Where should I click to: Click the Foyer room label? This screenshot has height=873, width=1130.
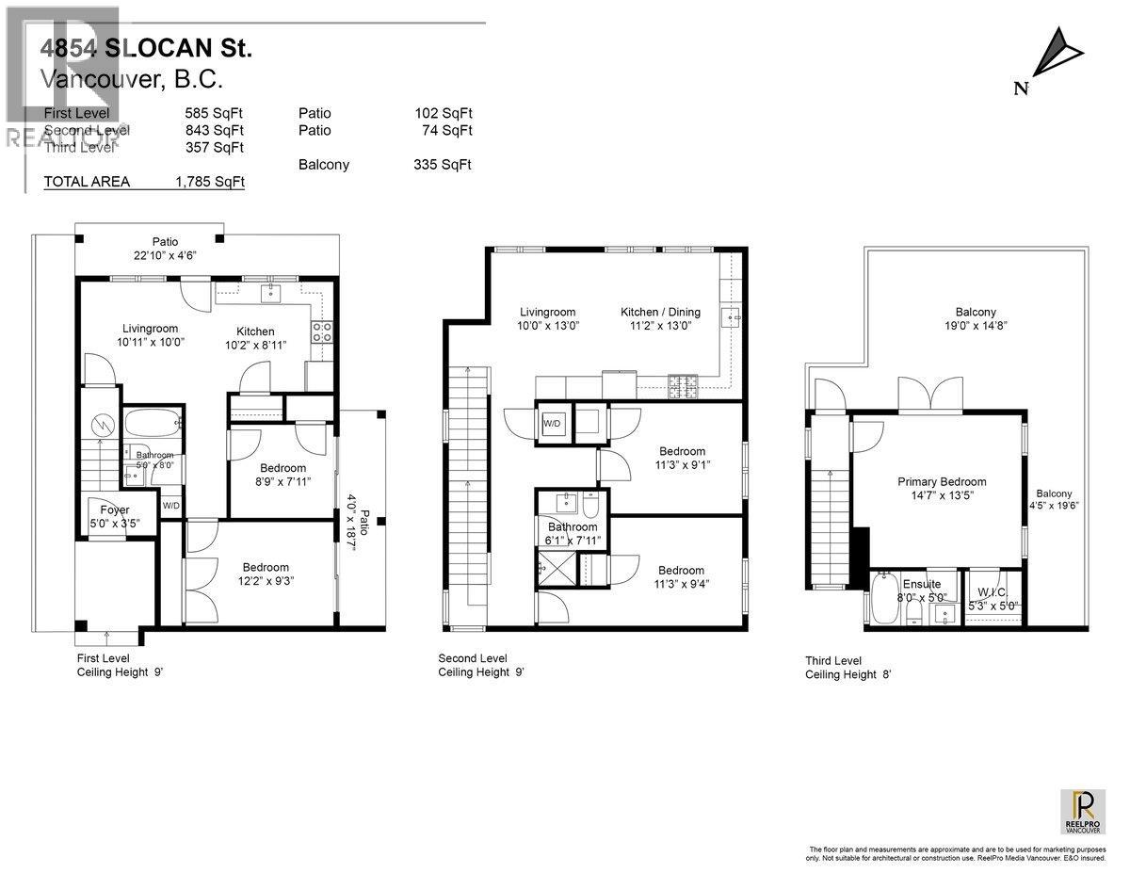[x=114, y=509]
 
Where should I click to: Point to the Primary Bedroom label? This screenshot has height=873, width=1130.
[x=941, y=481]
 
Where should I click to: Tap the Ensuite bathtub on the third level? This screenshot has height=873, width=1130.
[x=885, y=600]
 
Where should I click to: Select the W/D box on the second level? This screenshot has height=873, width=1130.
[x=551, y=423]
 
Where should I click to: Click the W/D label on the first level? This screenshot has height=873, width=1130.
[x=171, y=506]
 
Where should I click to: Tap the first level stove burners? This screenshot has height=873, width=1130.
[x=320, y=331]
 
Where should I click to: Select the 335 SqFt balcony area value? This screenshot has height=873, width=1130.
[x=443, y=165]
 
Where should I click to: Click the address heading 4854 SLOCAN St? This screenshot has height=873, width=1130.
[x=146, y=47]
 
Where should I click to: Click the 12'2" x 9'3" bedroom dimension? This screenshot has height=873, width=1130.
[x=266, y=581]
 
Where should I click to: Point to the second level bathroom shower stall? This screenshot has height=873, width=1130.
[x=552, y=569]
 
